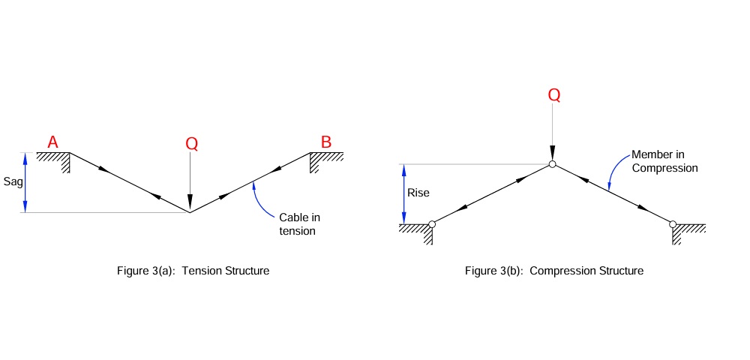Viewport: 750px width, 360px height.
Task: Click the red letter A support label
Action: point(53,142)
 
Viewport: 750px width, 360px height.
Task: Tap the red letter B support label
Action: point(326,142)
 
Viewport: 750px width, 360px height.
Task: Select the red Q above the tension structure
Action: point(192,145)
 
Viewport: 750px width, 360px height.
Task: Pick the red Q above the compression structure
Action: point(554,95)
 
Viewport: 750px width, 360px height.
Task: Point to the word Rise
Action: point(418,193)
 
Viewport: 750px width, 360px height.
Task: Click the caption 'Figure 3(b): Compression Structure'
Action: point(554,271)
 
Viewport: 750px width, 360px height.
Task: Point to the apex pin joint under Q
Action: point(552,164)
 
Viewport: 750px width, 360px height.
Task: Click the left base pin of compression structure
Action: point(432,223)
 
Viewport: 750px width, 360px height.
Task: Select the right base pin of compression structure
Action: point(673,223)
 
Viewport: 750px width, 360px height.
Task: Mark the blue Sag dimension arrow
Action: point(26,182)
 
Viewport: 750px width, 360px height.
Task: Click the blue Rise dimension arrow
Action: point(404,193)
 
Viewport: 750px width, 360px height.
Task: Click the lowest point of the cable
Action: point(190,212)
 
